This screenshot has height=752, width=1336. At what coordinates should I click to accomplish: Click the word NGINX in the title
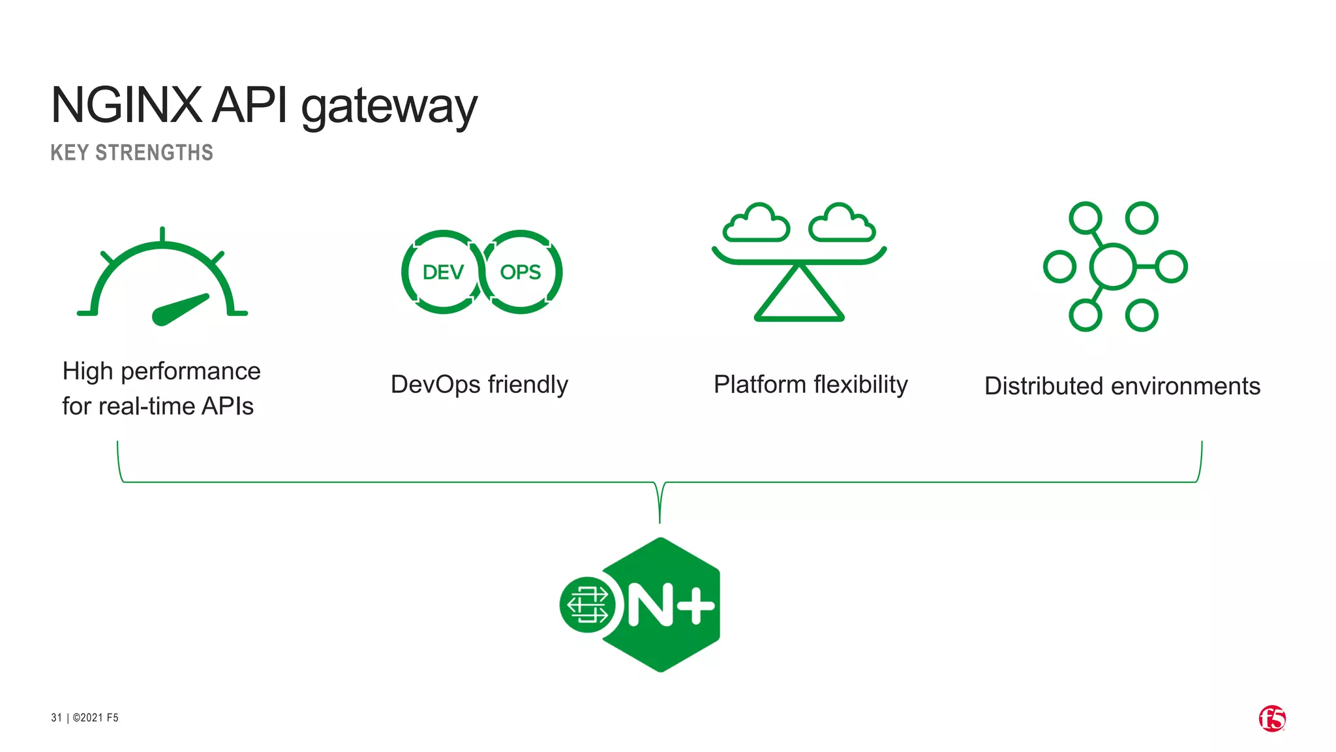coord(127,105)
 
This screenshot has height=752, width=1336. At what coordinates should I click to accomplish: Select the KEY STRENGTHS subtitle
coord(132,153)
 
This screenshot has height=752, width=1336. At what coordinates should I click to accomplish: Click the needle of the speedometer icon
coord(179,309)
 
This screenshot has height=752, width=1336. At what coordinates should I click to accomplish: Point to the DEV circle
coord(443,272)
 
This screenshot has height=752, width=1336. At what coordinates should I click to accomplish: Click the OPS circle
coord(521,272)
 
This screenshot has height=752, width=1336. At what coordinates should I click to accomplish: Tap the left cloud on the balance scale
coord(756,224)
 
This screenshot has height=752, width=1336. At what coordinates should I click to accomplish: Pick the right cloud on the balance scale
coord(842,224)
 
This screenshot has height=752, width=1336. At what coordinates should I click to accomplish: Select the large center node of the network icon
coord(1113,266)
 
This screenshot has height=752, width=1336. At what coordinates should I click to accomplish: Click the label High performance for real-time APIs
coord(160,388)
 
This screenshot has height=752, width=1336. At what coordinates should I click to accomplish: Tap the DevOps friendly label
coord(479,384)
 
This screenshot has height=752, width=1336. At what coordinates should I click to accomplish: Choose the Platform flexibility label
coord(810,384)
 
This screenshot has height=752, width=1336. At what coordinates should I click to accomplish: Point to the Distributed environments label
coord(1122,386)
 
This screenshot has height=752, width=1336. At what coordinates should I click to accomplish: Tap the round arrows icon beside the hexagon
coord(587,605)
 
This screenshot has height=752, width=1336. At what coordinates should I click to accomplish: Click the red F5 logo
coord(1272,719)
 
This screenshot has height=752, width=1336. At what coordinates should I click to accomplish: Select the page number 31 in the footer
coord(56,717)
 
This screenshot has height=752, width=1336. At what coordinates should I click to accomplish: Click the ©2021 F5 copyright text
coord(95,717)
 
